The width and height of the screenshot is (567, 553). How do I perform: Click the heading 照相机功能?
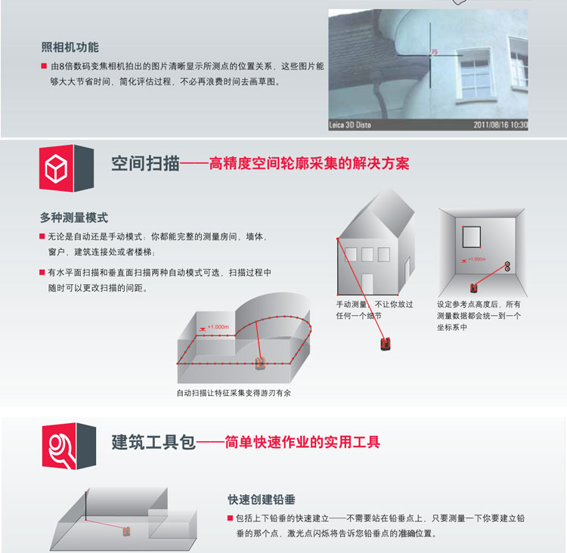(70, 48)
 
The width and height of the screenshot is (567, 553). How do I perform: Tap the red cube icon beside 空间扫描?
(57, 168)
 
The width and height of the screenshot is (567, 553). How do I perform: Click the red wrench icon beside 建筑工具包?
(59, 446)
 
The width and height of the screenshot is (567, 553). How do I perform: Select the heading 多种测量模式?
(74, 218)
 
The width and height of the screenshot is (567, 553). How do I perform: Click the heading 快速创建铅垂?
(262, 499)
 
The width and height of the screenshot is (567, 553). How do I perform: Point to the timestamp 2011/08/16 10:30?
(500, 125)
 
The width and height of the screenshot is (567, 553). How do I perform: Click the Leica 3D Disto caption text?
(350, 125)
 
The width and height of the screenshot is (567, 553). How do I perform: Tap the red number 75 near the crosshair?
(435, 51)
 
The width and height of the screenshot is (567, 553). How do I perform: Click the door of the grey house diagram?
(367, 284)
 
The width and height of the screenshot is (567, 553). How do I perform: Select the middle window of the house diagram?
(367, 255)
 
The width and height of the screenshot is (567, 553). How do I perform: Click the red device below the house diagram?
(386, 344)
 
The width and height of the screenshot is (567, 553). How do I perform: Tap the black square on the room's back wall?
(472, 236)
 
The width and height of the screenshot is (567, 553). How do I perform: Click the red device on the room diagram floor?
(474, 288)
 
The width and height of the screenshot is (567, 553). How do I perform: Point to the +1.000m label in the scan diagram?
(218, 327)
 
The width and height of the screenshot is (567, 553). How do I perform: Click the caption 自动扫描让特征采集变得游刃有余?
(234, 393)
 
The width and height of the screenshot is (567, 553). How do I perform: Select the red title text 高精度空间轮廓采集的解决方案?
(309, 163)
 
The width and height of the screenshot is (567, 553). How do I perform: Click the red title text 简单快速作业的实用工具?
(302, 442)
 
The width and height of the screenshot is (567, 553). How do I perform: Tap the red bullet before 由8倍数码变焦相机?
(44, 66)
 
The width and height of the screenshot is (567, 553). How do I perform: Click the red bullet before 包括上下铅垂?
(230, 518)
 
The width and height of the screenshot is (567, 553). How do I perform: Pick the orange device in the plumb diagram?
(126, 531)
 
